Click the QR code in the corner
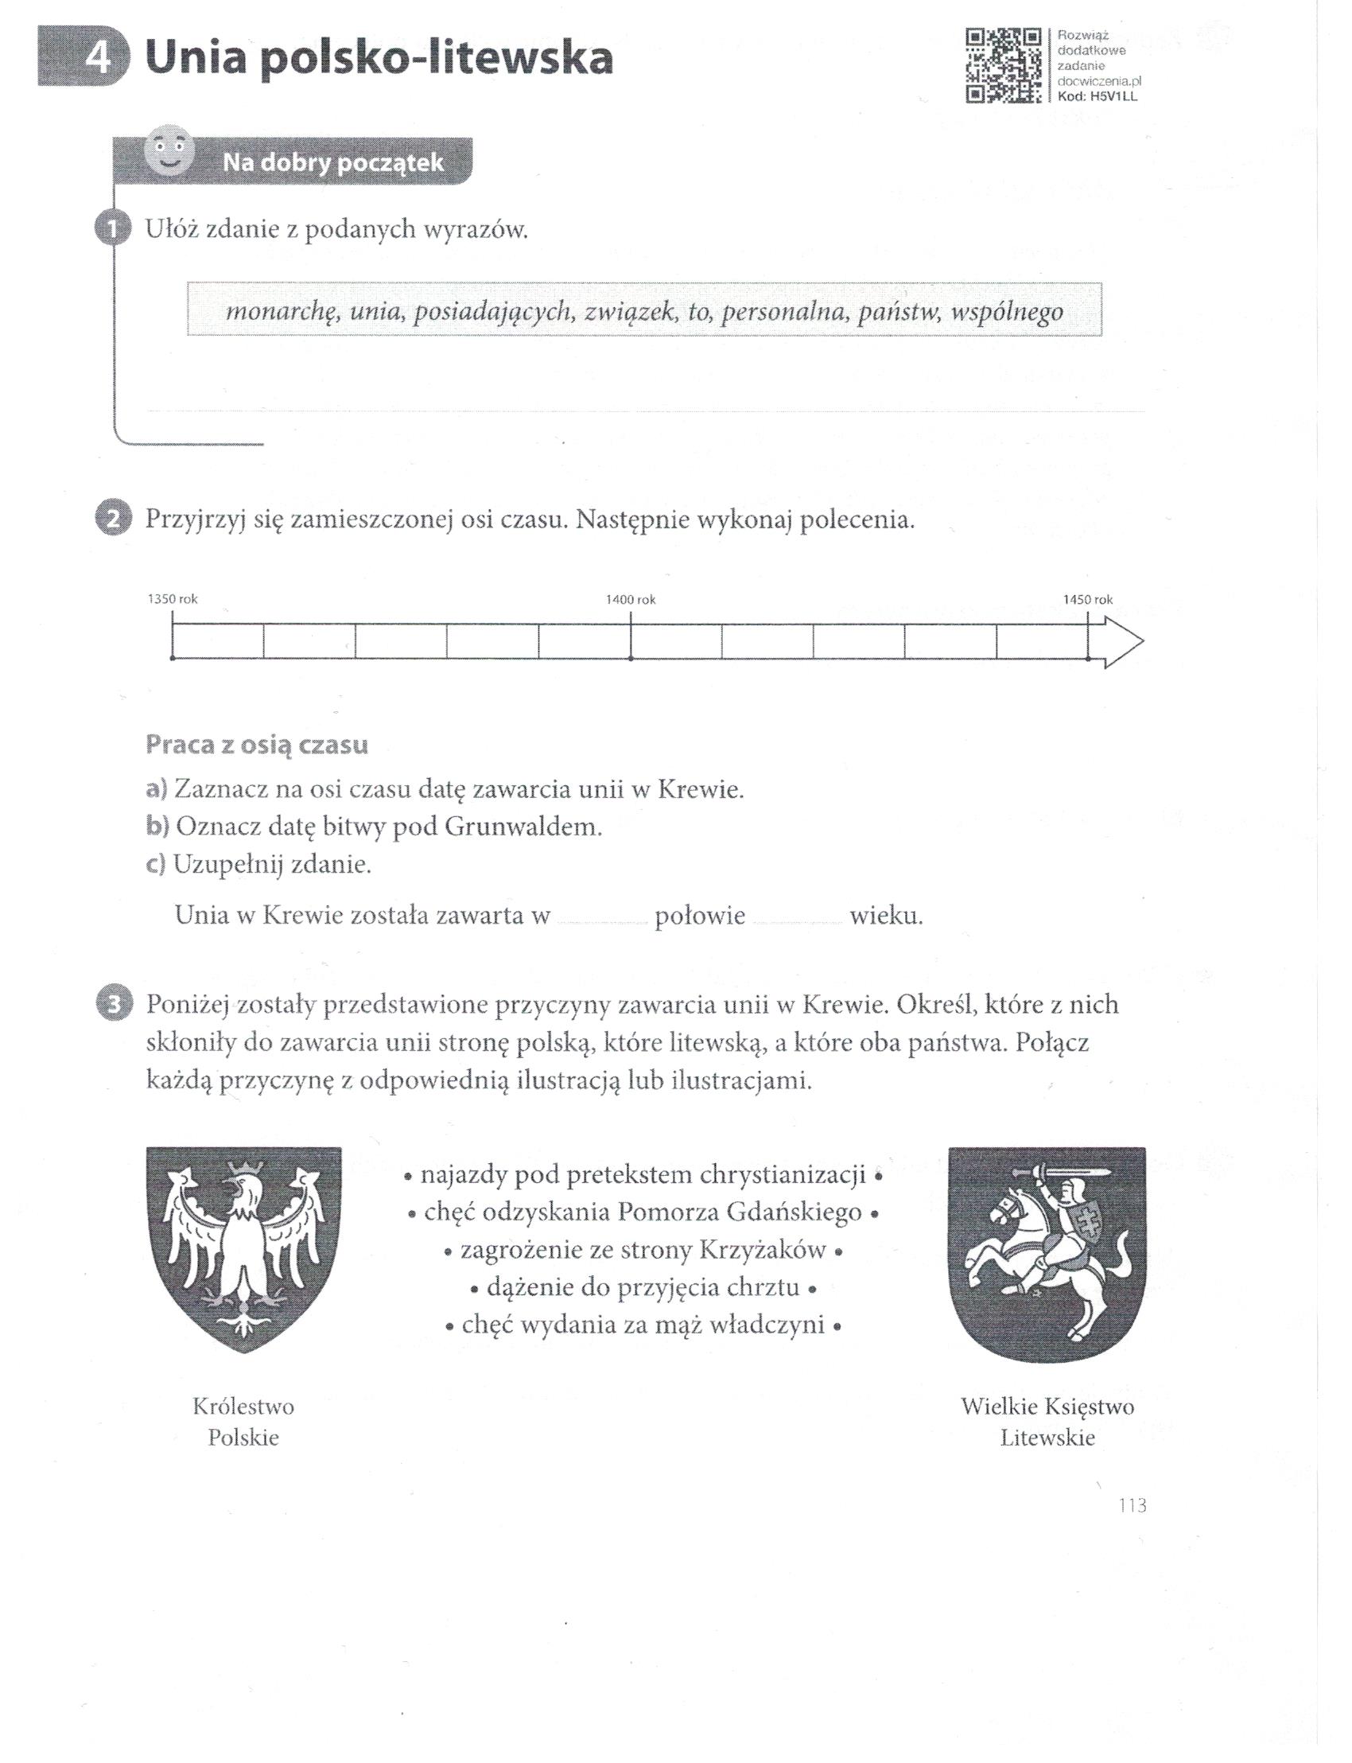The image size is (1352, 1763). pos(1004,66)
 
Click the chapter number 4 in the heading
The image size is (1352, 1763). pos(98,60)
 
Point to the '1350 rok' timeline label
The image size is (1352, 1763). pos(173,600)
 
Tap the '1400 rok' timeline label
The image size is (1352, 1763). pos(631,600)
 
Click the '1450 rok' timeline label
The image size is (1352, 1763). pos(1088,600)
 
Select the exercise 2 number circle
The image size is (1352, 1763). pos(112,520)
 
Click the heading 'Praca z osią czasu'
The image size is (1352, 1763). pos(257,745)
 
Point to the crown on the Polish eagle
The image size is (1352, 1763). pos(241,1167)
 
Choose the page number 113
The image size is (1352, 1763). pos(1132,1504)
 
